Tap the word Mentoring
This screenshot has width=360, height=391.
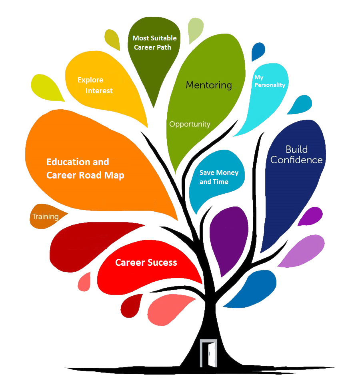(209, 85)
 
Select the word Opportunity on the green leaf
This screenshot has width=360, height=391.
(190, 124)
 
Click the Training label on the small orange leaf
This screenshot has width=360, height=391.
(45, 217)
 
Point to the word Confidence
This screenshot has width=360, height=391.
(296, 160)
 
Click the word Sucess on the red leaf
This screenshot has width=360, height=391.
(162, 263)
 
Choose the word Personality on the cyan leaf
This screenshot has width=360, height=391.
(272, 85)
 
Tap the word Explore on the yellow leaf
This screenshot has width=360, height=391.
(90, 80)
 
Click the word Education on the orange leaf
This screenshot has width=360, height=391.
(67, 162)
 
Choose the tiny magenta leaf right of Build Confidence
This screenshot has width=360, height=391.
(311, 216)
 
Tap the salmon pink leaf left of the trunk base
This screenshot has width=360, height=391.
(168, 311)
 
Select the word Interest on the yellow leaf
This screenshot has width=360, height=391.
(99, 91)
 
